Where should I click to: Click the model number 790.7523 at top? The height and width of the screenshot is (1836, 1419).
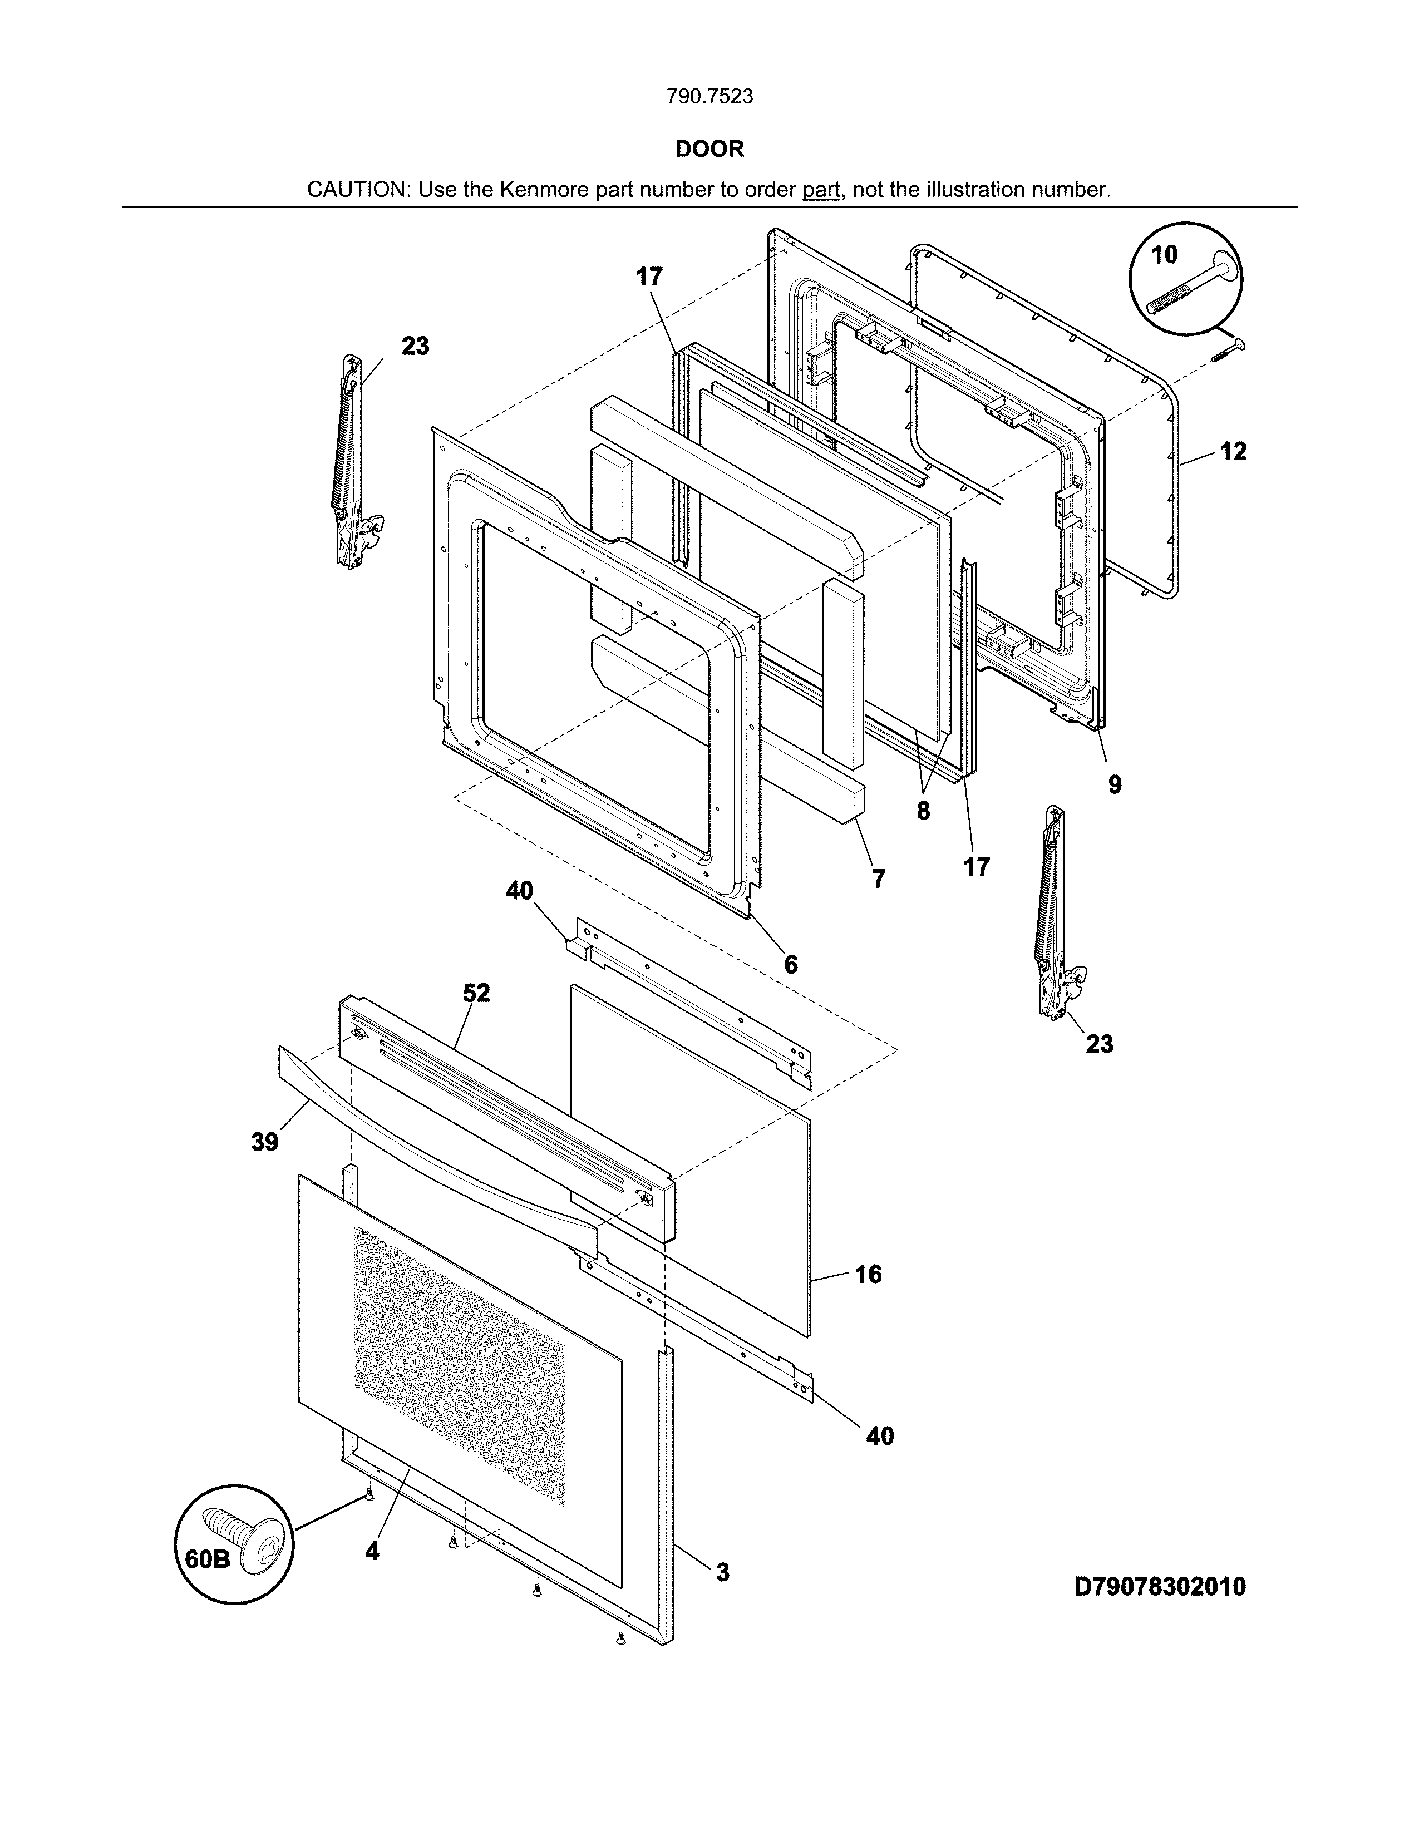pos(709,97)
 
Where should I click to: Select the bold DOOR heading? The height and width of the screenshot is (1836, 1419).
pos(709,149)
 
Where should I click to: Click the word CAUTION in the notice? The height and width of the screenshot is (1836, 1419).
pos(357,189)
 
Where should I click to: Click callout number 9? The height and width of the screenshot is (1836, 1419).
pos(1114,784)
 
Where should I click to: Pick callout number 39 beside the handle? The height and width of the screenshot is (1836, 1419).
pos(265,1142)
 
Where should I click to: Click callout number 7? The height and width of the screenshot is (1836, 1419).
pos(879,879)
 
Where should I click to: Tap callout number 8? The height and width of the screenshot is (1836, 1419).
pos(923,811)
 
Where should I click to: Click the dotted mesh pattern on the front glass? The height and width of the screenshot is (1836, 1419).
pos(458,1379)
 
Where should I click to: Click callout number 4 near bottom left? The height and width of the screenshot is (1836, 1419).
pos(372,1551)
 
